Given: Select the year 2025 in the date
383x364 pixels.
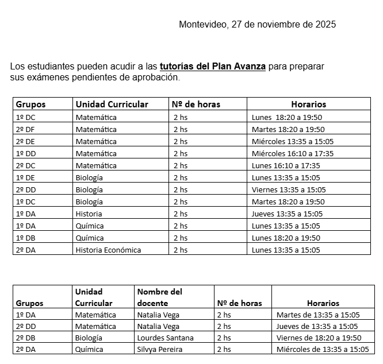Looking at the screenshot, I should pos(325,24).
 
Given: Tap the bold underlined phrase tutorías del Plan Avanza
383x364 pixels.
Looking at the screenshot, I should pos(213,66).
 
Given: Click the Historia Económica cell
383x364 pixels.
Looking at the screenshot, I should pos(108,250).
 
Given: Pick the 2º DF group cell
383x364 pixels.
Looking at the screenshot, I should pos(25,129).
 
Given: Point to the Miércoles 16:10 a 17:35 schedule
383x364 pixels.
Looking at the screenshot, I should pos(293,153).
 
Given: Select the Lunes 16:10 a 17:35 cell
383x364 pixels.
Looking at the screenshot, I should pos(286,165).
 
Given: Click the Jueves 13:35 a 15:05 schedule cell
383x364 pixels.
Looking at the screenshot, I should pos(287,214).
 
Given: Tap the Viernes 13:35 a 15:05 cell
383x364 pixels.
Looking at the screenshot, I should pos(289,189).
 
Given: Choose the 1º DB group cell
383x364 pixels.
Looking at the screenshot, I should pos(25,238).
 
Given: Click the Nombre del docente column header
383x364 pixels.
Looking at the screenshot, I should pos(160,297).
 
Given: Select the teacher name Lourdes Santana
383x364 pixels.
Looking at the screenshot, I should pos(166,338).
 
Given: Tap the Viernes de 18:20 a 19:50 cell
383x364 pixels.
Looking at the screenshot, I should pos(319,338).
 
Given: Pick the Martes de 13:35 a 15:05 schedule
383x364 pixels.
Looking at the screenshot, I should pos(318,315).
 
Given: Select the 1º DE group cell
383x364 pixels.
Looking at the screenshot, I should pos(25,177).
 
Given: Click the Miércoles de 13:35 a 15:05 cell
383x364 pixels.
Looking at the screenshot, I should pos(323,349).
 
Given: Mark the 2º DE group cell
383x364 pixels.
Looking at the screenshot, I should pos(25,141).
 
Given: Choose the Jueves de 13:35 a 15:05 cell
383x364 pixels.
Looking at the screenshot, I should pos(318,326).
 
